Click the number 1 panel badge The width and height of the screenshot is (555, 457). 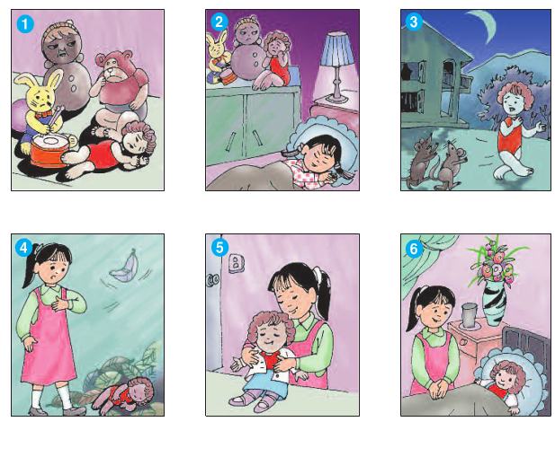(x=25, y=24)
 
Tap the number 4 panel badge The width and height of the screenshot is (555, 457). (x=23, y=248)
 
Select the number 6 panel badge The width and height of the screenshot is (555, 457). (x=414, y=249)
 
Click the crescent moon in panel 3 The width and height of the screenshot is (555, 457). (x=483, y=25)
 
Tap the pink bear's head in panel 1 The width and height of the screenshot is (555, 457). (x=112, y=66)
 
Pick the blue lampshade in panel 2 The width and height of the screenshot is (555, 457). (x=337, y=48)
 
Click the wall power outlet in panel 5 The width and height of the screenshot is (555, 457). (x=236, y=263)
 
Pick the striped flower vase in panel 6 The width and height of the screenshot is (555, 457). (x=494, y=304)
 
